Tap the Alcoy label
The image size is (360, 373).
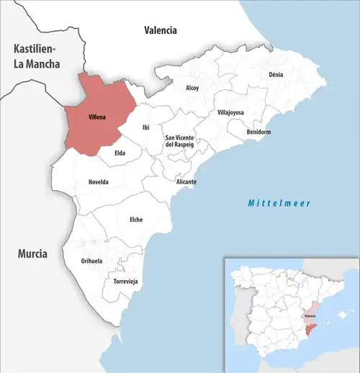pos(192,88)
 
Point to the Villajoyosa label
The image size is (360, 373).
pos(230,113)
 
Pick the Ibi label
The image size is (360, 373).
pos(145,127)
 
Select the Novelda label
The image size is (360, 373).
pos(99,181)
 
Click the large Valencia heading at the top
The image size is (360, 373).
pos(160,30)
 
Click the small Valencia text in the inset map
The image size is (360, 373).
pos(310,316)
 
